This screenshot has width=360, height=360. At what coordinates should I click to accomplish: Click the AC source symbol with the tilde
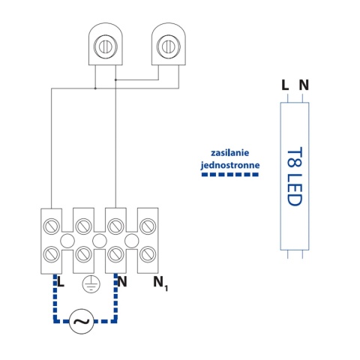81,321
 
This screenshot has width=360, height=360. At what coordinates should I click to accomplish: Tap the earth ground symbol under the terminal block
91,284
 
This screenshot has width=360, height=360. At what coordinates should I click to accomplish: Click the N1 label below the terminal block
160,283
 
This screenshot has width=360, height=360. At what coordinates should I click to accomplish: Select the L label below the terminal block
61,281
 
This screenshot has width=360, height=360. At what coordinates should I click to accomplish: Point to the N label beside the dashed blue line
122,281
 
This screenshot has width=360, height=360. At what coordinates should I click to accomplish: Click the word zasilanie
230,152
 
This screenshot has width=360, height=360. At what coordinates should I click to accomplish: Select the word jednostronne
230,165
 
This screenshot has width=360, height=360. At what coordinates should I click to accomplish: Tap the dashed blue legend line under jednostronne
230,175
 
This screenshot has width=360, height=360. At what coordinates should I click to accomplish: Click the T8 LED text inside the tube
295,176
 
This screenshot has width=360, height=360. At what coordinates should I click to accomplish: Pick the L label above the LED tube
285,85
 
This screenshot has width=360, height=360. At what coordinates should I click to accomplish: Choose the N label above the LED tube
304,85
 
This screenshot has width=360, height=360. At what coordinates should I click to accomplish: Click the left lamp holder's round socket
105,46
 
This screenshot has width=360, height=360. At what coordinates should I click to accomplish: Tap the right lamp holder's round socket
168,46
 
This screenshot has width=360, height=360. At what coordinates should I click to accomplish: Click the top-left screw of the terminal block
52,226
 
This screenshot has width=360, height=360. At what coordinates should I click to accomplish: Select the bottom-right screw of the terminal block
148,254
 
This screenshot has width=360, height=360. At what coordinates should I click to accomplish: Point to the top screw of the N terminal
115,226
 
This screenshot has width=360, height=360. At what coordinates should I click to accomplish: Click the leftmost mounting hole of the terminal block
67,241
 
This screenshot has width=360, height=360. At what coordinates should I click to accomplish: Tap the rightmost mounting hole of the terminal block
132,241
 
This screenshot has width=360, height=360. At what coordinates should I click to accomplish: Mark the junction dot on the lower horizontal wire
95,88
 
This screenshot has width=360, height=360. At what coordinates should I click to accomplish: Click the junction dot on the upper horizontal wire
115,80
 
